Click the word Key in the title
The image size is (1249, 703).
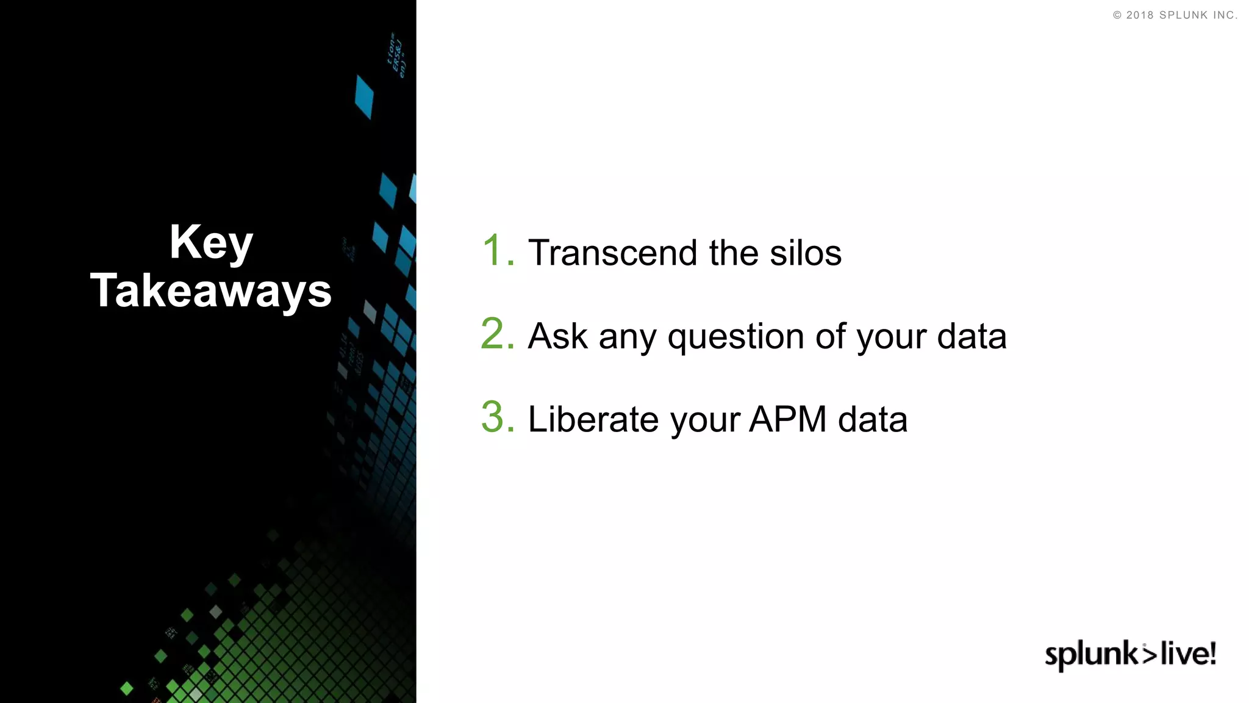coord(211,243)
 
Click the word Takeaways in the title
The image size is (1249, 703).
coord(211,290)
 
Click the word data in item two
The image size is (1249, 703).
coord(972,336)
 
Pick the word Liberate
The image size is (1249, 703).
coord(593,420)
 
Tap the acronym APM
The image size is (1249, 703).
coord(787,420)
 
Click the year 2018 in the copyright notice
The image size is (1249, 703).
coord(1139,15)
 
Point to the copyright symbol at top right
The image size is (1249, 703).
coord(1117,15)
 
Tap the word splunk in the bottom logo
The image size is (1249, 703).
coord(1091,655)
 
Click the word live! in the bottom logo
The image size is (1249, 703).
coord(1188,654)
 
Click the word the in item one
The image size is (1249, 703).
coord(734,253)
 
